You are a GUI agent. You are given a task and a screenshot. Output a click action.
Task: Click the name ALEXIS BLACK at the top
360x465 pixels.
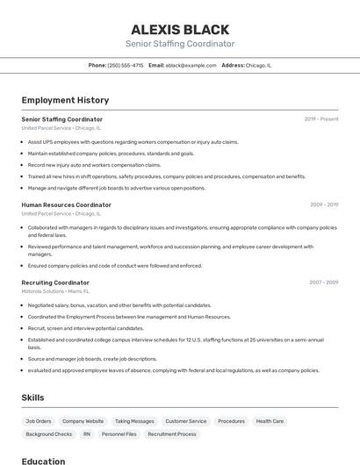coord(180,29)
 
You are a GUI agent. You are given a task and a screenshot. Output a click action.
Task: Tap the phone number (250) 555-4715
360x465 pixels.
coord(125,65)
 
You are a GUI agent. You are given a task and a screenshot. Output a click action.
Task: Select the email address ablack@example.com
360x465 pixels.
coord(191,65)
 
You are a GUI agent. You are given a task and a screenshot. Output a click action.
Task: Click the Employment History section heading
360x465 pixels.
coord(65,100)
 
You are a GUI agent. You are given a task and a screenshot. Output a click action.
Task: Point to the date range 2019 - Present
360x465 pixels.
coord(321,118)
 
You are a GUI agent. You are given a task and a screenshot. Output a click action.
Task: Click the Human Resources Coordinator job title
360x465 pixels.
coord(66,204)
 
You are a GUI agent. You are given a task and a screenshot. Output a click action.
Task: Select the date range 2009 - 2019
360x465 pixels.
coord(324,204)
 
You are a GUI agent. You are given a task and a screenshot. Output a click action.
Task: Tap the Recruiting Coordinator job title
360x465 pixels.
coord(55,283)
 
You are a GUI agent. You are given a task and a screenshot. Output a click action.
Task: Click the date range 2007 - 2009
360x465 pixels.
coord(324,283)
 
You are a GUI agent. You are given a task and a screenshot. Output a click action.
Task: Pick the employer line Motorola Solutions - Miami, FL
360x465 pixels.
coord(55,291)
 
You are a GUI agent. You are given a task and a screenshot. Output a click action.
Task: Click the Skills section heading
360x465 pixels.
coord(33,397)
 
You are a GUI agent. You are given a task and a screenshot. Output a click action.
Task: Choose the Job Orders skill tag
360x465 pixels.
coord(39,421)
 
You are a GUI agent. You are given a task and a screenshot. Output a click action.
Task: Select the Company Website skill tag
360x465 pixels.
coord(83,421)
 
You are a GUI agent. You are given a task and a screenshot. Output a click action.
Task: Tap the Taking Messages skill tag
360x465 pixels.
coord(134,421)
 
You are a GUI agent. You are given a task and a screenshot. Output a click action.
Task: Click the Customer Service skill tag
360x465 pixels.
coord(186,421)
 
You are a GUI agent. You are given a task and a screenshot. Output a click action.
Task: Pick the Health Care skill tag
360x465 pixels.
coord(270,421)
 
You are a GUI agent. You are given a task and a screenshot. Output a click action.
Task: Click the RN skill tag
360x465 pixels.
coord(87,434)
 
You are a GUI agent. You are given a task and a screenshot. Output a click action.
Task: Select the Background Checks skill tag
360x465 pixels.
coord(49,434)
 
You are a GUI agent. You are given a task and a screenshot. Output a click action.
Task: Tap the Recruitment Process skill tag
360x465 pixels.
coord(172,434)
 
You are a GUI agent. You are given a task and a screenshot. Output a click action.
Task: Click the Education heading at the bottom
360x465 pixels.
coord(43,461)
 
